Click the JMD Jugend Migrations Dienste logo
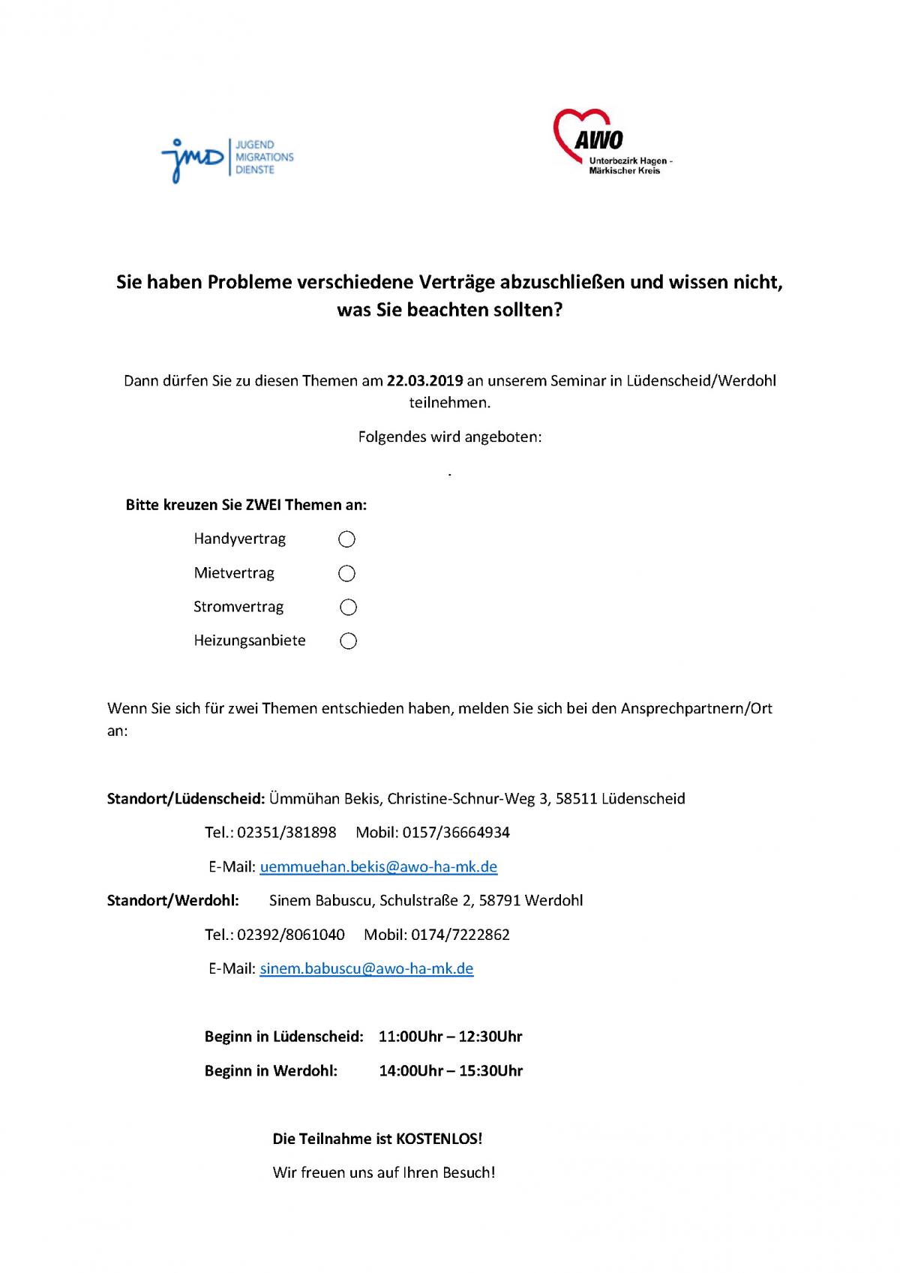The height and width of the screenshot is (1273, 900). coord(226,158)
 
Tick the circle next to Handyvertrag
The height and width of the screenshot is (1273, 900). coord(346,539)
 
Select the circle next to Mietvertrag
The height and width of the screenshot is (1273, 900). coord(346,574)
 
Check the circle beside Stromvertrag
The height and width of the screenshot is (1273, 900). coord(348,607)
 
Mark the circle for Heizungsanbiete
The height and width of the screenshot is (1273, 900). coord(348,641)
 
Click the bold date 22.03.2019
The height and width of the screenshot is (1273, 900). coord(424,380)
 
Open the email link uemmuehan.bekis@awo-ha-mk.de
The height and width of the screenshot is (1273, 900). coord(378,867)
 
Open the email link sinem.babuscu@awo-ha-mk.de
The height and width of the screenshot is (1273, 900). coord(366,968)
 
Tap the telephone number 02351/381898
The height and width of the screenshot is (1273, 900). coord(286,833)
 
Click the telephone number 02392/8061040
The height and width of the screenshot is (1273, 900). coord(291,935)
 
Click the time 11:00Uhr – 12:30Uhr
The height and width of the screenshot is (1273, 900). coord(450,1037)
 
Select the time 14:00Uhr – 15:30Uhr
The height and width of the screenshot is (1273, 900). coord(450,1070)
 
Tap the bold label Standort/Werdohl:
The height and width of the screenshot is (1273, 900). coord(173,900)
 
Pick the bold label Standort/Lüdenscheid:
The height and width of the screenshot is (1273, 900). coord(186,799)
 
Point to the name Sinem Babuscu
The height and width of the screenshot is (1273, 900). coord(320,900)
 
